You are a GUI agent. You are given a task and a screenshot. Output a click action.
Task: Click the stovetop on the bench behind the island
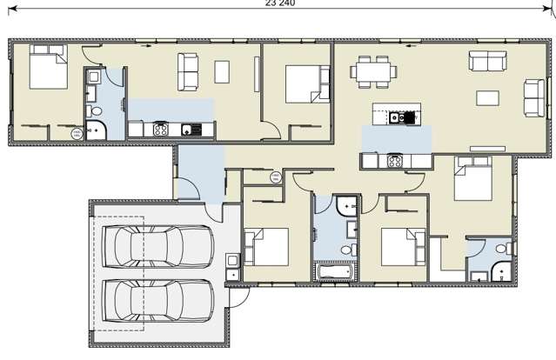tap(393, 161)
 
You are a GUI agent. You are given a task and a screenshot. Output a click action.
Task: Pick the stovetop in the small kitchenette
tap(160, 130)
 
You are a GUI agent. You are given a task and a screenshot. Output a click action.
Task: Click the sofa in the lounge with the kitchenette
tap(188, 71)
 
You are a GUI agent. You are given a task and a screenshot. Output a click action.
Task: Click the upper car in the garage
tap(157, 247)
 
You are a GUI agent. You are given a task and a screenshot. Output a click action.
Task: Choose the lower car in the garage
tap(157, 299)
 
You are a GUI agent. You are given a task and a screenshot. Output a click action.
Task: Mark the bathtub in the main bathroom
tap(335, 273)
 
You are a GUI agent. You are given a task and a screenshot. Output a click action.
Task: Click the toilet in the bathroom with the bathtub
tap(349, 250)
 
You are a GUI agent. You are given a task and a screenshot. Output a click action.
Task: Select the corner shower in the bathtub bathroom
tap(345, 207)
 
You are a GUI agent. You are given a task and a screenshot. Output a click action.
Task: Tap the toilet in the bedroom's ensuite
tap(502, 250)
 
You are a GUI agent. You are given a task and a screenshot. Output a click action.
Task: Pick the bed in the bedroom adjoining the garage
tap(265, 246)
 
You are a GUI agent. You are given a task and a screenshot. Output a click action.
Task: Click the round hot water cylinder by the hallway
tap(275, 177)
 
